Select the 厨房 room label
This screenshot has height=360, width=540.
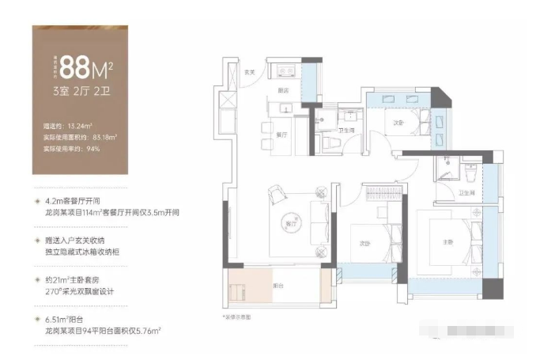[x=283, y=91]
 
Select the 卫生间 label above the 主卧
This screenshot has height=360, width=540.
[x=466, y=192]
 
